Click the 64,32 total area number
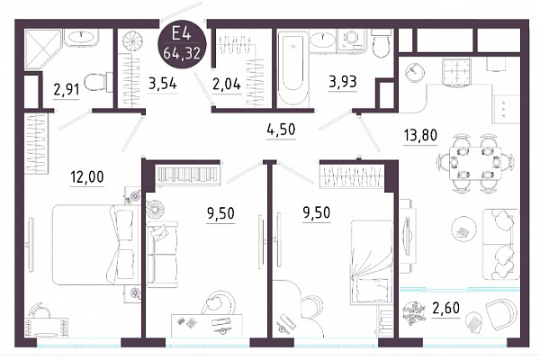pyautogui.click(x=182, y=53)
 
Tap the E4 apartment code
pyautogui.click(x=182, y=34)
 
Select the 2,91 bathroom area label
pyautogui.click(x=67, y=90)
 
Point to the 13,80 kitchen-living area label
pyautogui.click(x=420, y=135)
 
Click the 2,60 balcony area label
pyautogui.click(x=445, y=308)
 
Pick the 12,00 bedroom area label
pyautogui.click(x=86, y=177)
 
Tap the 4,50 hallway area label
pyautogui.click(x=282, y=130)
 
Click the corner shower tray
pyautogui.click(x=42, y=49)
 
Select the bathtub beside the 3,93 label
pyautogui.click(x=292, y=68)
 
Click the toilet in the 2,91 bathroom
pyautogui.click(x=97, y=82)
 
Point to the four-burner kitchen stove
pyautogui.click(x=456, y=71)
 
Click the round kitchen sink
pyautogui.click(x=414, y=72)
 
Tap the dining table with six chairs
pyautogui.click(x=475, y=163)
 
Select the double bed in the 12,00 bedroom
pyautogui.click(x=93, y=244)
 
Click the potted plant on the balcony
pyautogui.click(x=416, y=313)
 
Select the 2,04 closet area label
pyautogui.click(x=227, y=84)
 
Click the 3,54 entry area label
pyautogui.click(x=163, y=83)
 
